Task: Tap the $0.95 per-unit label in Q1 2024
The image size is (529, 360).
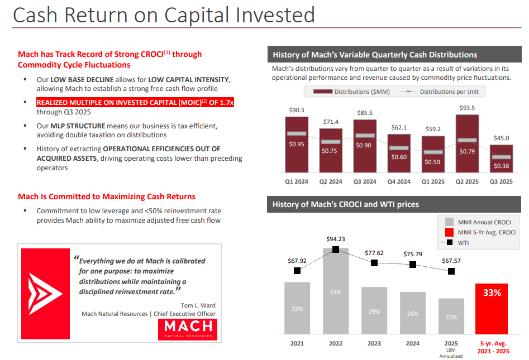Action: point(297,144)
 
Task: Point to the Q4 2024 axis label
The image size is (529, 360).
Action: point(399,181)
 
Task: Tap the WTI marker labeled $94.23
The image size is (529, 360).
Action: point(335,249)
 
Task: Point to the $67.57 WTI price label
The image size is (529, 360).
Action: point(451,260)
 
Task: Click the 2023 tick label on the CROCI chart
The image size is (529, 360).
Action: point(374,343)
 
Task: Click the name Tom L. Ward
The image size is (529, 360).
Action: point(198,305)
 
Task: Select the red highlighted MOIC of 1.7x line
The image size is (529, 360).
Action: point(135,103)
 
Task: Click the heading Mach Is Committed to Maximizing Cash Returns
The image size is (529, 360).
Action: point(107,196)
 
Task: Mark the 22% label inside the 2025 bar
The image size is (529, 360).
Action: point(451,316)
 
